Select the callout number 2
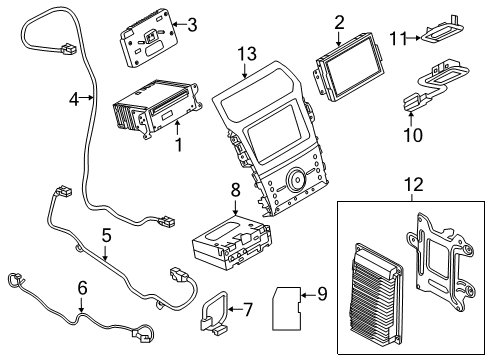(x=339, y=21)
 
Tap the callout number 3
(x=192, y=24)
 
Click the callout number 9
(x=321, y=293)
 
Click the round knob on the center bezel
(x=296, y=181)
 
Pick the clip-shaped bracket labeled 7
(x=213, y=311)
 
